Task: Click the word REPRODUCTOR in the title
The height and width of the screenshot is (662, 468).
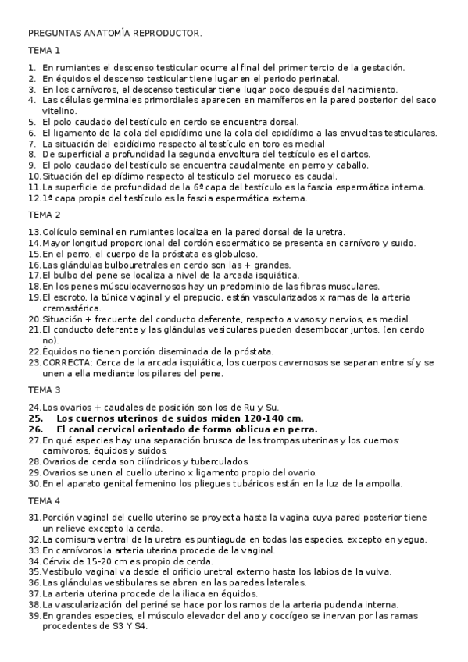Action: pyautogui.click(x=167, y=34)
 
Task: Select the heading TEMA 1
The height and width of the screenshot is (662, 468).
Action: pyautogui.click(x=45, y=51)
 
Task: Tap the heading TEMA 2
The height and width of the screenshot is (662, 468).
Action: pyautogui.click(x=45, y=215)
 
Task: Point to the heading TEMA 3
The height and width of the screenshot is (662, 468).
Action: pyautogui.click(x=45, y=390)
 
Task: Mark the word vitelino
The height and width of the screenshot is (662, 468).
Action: pyautogui.click(x=59, y=111)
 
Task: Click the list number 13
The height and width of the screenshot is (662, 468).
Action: pyautogui.click(x=34, y=232)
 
